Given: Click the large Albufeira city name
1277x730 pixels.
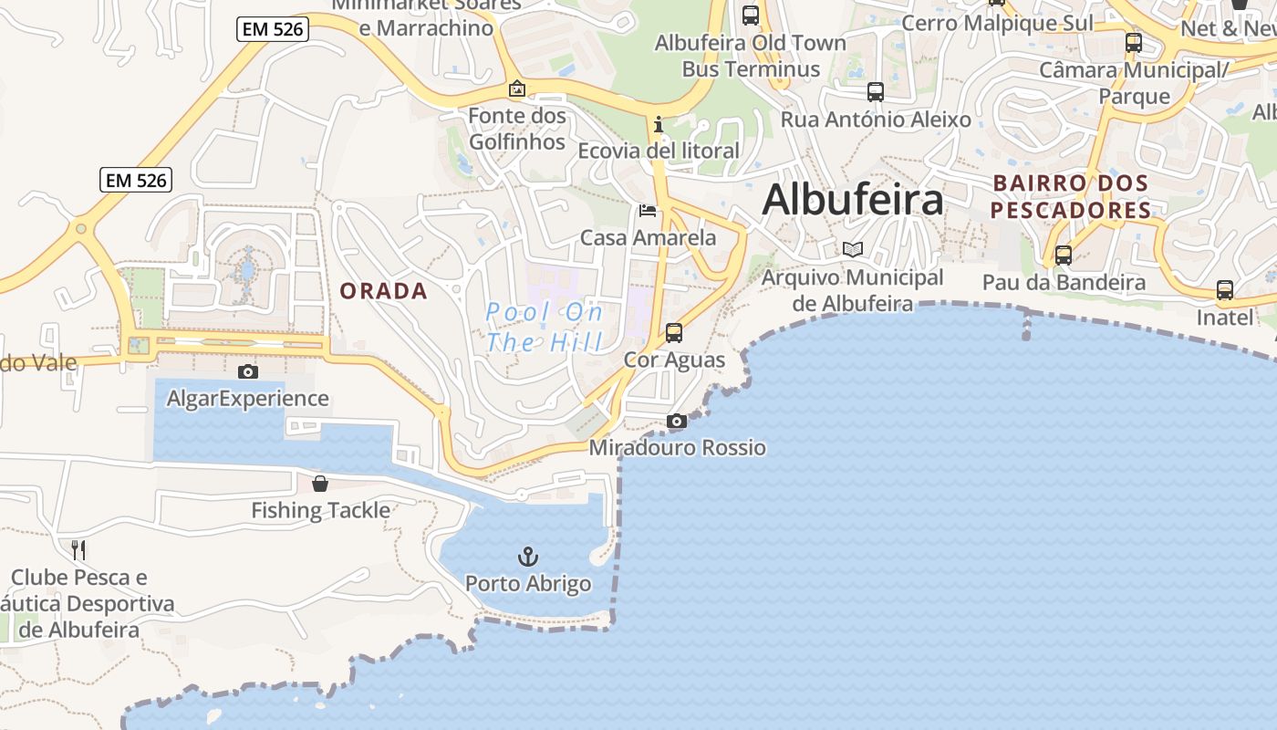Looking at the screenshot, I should [x=852, y=199].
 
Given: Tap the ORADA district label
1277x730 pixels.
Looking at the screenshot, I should [x=383, y=291].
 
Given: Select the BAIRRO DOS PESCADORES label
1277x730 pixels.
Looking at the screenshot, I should [x=1070, y=196].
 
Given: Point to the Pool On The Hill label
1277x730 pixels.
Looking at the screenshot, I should [x=545, y=328].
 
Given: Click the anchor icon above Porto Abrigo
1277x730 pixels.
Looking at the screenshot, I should [x=528, y=556].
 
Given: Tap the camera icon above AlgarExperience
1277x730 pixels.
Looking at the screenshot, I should [x=247, y=371].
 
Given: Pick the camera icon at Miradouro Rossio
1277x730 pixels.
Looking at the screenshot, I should [x=676, y=421].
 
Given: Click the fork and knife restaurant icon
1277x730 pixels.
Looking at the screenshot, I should [x=78, y=549].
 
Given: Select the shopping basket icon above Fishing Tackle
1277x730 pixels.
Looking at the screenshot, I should [x=320, y=484].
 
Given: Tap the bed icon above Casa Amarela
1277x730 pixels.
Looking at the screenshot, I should [x=648, y=211].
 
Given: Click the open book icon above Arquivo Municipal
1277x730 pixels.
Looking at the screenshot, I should [x=852, y=249].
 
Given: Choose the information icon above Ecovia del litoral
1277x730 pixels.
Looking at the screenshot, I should [x=658, y=124].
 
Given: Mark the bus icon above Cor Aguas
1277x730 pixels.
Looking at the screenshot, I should [x=674, y=333].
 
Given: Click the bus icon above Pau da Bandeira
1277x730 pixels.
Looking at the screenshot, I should [x=1064, y=255].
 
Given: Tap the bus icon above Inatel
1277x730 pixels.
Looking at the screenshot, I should [x=1225, y=290].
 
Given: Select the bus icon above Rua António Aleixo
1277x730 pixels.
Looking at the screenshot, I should [x=876, y=92].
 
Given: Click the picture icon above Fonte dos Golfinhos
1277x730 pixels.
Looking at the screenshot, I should [x=517, y=89].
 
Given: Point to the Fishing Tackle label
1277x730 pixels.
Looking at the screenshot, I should [x=320, y=510].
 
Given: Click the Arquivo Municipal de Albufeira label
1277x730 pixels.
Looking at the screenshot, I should [x=852, y=290].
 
